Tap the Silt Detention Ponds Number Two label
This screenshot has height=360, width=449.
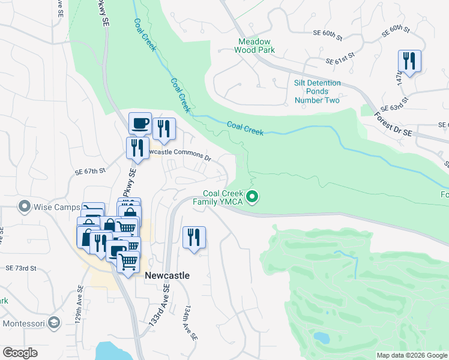[317, 91]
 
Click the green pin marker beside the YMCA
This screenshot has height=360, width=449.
[253, 196]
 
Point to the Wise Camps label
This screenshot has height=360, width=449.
[58, 208]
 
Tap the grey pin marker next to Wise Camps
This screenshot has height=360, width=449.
[25, 207]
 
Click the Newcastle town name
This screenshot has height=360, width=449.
[167, 275]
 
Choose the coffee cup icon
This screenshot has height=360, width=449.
[140, 123]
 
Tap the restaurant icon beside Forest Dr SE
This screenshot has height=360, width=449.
[409, 61]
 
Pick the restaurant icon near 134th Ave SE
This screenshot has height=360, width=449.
[194, 237]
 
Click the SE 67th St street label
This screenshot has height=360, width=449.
[90, 171]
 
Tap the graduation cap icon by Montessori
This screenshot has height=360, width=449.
[55, 323]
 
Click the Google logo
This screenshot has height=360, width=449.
[20, 352]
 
